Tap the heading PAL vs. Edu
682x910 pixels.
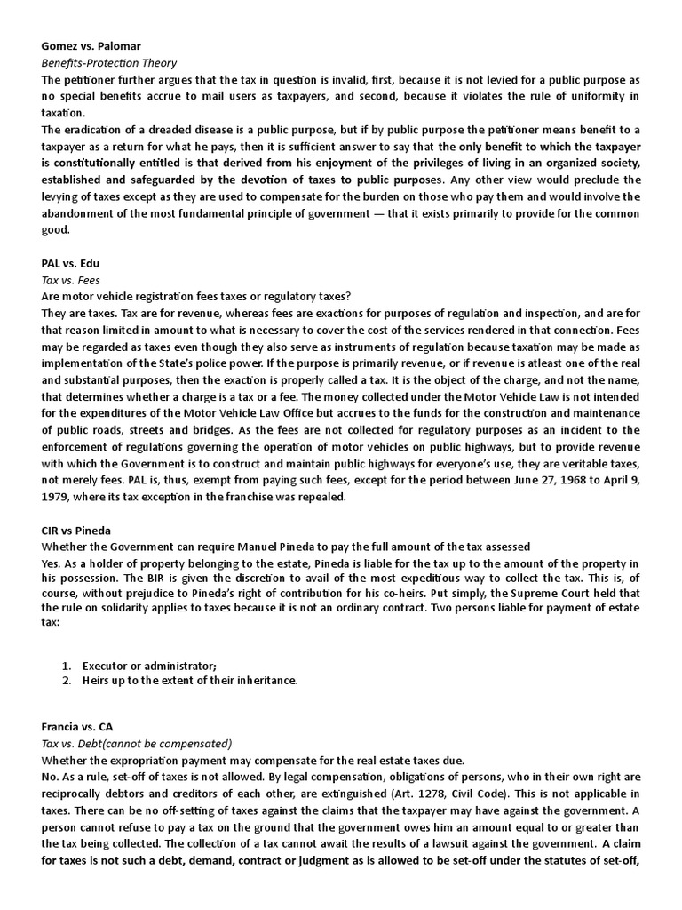72,264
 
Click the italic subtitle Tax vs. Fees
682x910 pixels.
70,280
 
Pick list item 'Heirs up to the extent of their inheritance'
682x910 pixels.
190,681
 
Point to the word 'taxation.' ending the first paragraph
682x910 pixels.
64,113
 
